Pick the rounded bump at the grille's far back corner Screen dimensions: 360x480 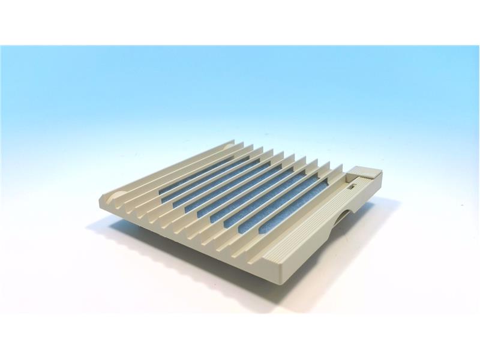[x=232, y=144]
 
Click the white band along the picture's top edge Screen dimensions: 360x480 [x=240, y=21]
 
